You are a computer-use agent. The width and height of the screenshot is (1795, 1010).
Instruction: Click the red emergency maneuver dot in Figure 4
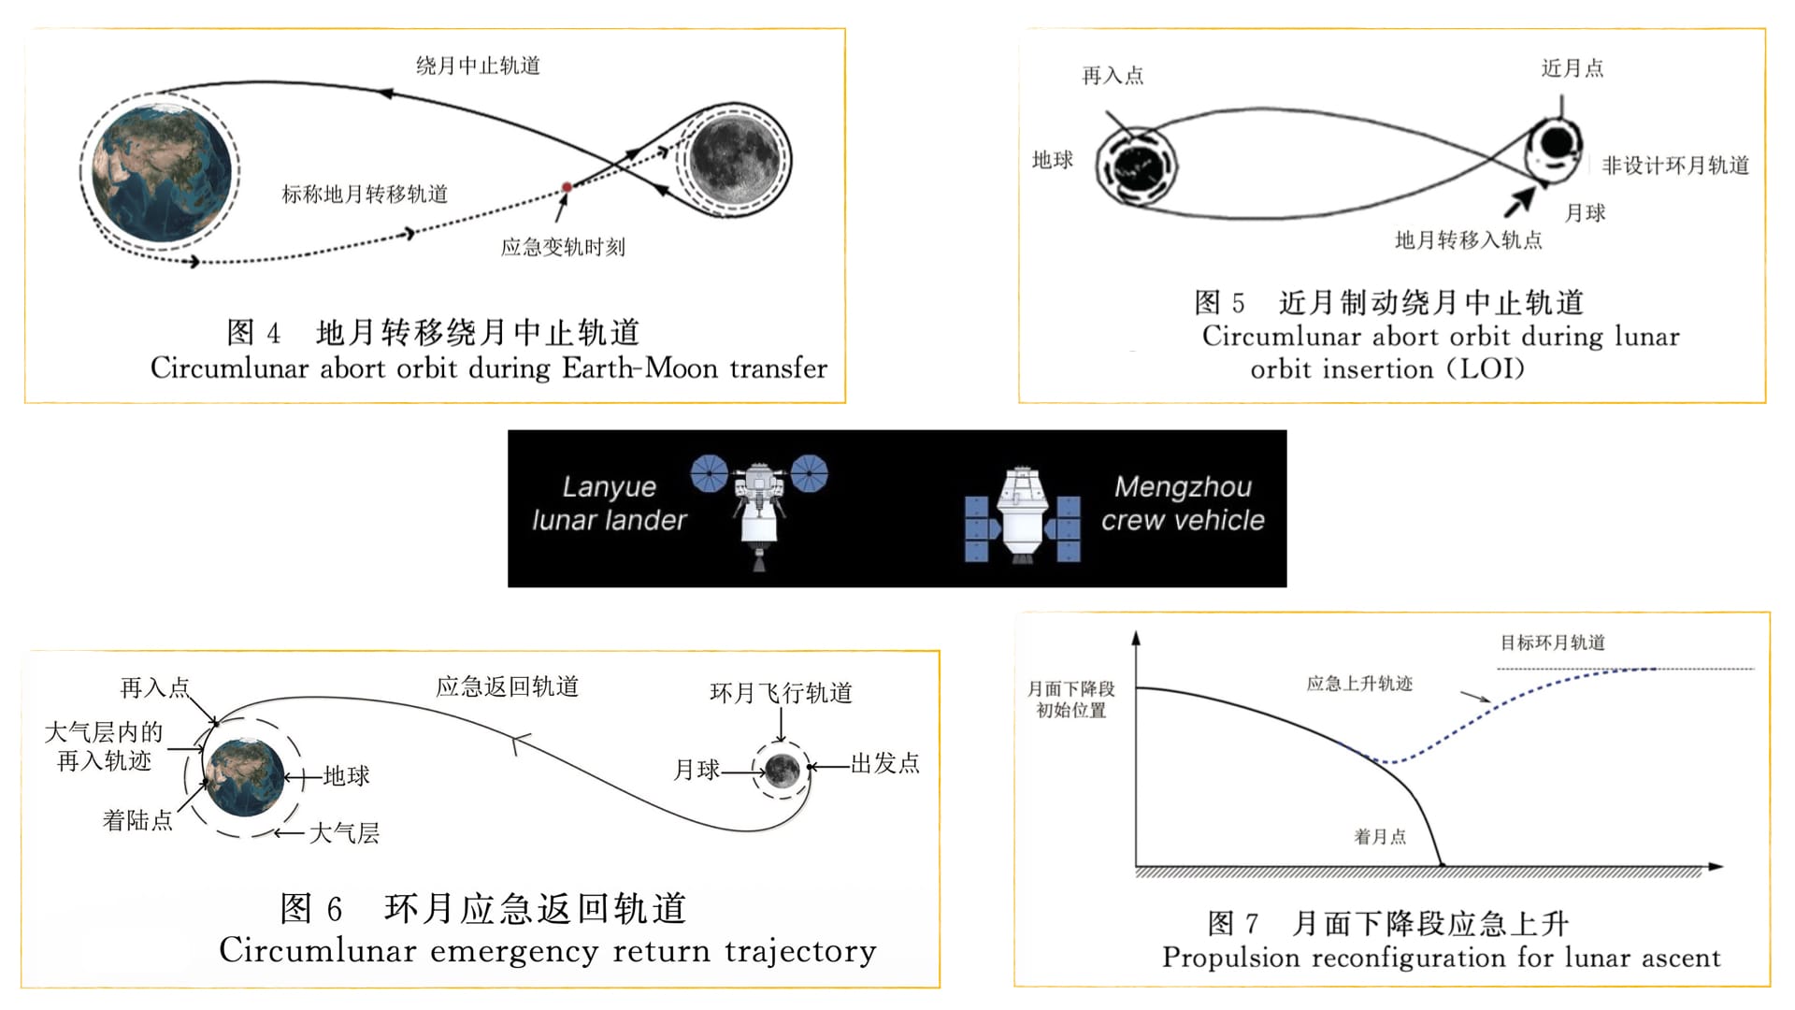tap(567, 188)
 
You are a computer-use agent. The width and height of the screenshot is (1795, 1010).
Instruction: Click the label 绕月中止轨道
tap(478, 65)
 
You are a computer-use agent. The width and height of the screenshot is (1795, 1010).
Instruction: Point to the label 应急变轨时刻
tap(563, 247)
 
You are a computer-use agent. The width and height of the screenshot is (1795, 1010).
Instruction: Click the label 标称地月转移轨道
tap(365, 194)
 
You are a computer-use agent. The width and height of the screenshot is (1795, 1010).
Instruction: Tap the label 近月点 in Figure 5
tap(1572, 68)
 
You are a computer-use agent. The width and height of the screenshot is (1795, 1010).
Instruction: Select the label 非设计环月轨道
tap(1675, 166)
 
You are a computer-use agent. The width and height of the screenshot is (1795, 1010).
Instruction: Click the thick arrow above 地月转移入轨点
tap(1519, 199)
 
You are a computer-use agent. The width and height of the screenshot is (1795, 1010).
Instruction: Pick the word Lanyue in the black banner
tap(609, 486)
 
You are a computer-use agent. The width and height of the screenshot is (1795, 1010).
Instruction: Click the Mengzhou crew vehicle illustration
tap(1022, 516)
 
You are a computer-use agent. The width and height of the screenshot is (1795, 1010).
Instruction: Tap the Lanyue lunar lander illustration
tap(759, 510)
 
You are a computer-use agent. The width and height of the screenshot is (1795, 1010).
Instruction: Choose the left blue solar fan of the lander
tap(710, 473)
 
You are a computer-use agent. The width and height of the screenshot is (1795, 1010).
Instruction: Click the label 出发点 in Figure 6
tap(884, 763)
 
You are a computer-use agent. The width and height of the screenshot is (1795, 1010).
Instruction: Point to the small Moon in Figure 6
tap(782, 771)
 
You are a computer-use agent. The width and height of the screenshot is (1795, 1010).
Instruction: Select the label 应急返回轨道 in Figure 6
tap(507, 686)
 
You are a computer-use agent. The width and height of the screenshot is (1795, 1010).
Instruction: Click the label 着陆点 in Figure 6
tap(137, 820)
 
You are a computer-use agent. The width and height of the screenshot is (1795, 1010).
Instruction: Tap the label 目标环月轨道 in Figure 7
tap(1552, 642)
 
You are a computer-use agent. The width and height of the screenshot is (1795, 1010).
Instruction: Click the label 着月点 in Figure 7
tap(1380, 836)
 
